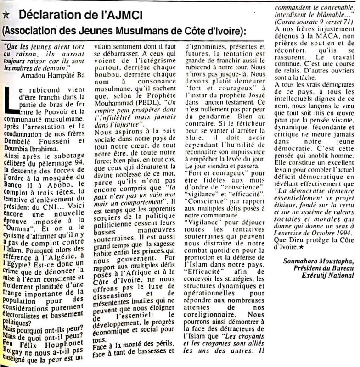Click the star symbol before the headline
6,15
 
